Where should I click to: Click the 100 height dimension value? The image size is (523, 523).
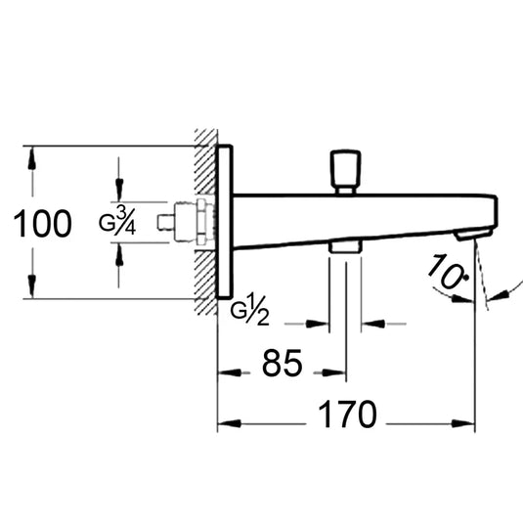tap(44, 224)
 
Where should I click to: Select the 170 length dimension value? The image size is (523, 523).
tap(347, 415)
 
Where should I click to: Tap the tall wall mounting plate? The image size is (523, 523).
tap(223, 222)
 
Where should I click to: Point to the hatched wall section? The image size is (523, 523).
tap(205, 222)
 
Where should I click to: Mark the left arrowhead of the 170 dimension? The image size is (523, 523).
tap(224, 423)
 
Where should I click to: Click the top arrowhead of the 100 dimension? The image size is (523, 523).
tap(31, 155)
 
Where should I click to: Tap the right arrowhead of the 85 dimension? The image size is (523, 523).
tap(338, 371)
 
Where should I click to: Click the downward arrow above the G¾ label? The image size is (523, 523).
tap(119, 195)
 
